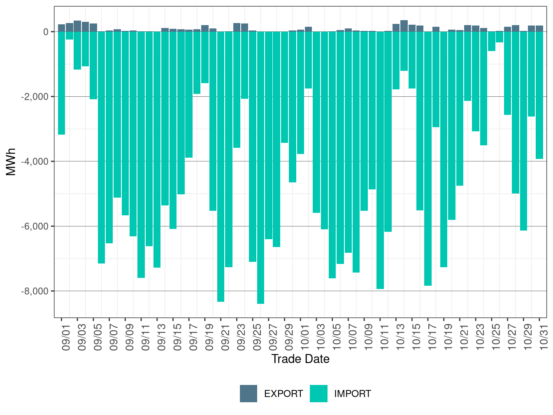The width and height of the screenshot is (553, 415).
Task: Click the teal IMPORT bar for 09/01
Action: point(61,82)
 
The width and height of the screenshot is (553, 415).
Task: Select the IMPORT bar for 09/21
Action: point(221,165)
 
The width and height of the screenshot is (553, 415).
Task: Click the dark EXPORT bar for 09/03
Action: point(77,26)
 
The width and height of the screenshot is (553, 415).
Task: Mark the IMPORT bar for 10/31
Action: point(539,95)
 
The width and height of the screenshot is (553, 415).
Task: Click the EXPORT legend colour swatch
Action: point(249,394)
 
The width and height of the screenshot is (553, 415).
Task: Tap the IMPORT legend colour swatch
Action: point(319,394)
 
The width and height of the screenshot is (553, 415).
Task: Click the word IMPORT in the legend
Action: point(352,394)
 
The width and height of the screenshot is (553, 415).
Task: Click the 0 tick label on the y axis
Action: point(46,32)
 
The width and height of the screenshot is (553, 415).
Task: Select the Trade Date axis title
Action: point(300,359)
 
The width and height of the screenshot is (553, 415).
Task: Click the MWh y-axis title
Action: point(11,162)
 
